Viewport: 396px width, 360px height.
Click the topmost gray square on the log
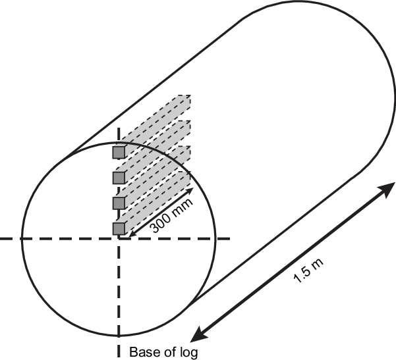coord(119,153)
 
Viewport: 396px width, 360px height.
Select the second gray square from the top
coord(119,178)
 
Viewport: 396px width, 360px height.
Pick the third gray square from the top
coord(119,202)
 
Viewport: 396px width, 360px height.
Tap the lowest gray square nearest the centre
coord(119,228)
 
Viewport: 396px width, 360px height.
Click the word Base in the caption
coord(142,351)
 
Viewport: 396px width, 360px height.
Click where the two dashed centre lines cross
coord(119,238)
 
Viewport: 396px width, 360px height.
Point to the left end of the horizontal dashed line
coord(2,238)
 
